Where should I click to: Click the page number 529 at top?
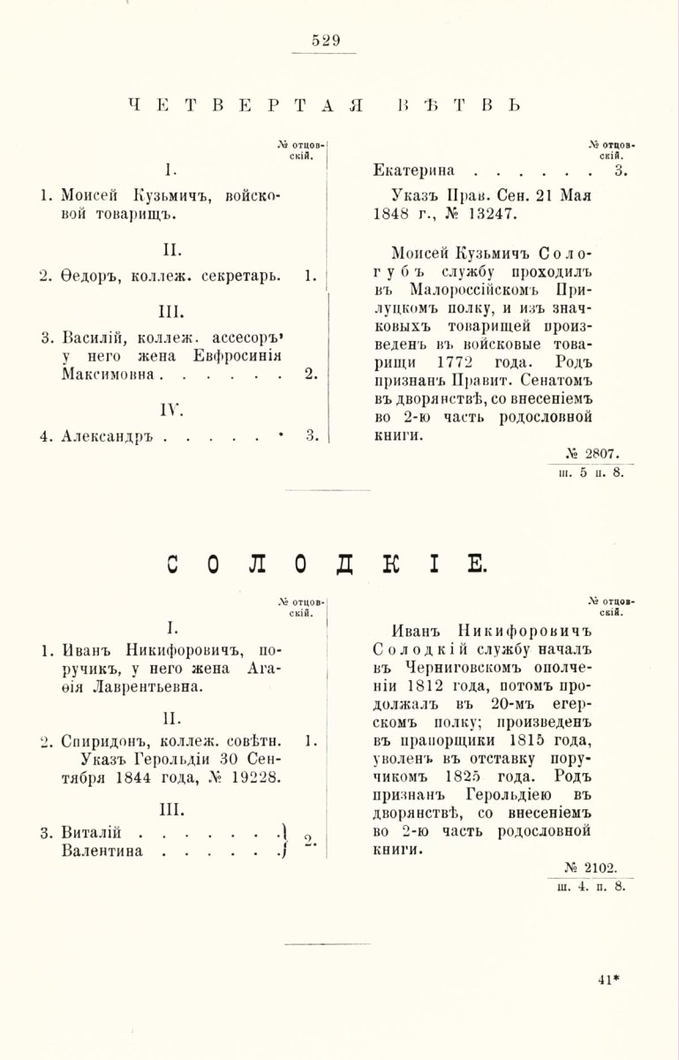(327, 40)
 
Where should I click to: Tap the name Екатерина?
(417, 171)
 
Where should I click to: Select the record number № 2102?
(596, 867)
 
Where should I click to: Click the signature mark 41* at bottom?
(609, 978)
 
